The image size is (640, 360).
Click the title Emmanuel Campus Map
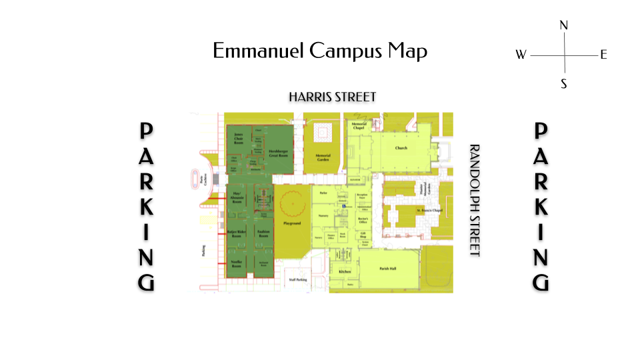tap(320, 51)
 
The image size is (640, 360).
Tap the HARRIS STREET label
tap(332, 97)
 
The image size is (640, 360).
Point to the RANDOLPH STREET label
tap(475, 200)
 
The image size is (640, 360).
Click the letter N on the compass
tap(563, 26)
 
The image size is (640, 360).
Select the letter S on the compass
tap(563, 84)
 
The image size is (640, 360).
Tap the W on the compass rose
tap(521, 55)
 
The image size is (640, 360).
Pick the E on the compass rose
tap(603, 55)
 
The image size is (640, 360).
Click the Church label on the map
tap(401, 148)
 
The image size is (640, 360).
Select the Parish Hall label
tap(387, 268)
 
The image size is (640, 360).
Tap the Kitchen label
tap(345, 273)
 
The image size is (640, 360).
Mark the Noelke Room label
tap(237, 263)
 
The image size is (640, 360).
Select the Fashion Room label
tap(263, 235)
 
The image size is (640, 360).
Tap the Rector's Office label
tap(364, 221)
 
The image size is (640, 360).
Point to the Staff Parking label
tap(297, 280)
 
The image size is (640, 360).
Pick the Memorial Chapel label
tap(358, 126)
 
